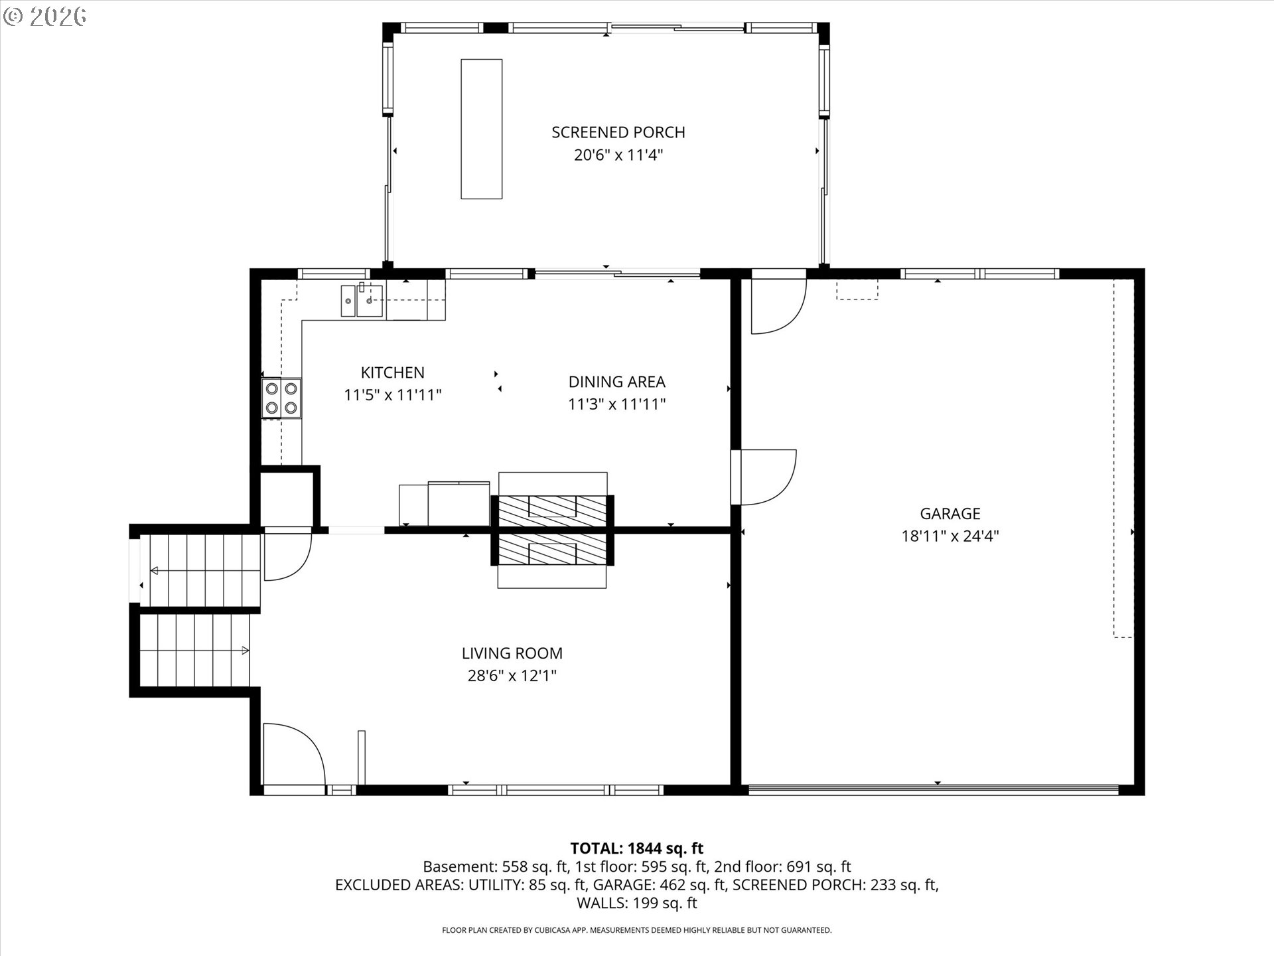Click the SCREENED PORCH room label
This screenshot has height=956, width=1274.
[x=618, y=132]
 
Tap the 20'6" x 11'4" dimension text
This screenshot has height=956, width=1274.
[x=618, y=155]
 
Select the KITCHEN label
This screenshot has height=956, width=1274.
[x=392, y=372]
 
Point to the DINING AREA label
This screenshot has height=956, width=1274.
[x=616, y=382]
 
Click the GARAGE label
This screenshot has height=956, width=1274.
[x=950, y=513]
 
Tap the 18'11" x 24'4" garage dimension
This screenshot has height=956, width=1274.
[x=950, y=536]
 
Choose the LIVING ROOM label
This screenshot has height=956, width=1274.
[x=512, y=653]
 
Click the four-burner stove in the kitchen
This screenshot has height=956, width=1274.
[x=281, y=398]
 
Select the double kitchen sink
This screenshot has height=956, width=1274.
[x=362, y=301]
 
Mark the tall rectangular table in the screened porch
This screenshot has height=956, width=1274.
[x=481, y=129]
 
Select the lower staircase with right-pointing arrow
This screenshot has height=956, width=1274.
[x=195, y=651]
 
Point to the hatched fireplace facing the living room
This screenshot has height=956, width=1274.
[x=552, y=550]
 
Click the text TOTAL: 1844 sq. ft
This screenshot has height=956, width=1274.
[x=636, y=848]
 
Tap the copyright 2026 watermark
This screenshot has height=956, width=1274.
[x=45, y=17]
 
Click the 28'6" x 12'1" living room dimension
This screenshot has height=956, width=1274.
[x=512, y=676]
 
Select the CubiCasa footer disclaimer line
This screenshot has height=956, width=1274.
[x=636, y=930]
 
